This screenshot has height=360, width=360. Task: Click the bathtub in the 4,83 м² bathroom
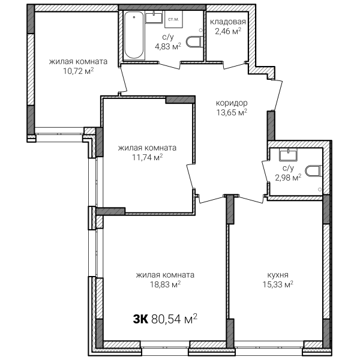[134, 35]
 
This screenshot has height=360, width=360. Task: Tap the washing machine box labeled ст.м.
[173, 20]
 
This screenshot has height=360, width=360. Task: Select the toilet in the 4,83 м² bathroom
[194, 42]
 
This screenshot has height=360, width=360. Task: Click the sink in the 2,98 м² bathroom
[288, 154]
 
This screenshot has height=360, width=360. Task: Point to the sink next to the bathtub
[154, 17]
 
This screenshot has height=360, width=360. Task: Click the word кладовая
[228, 22]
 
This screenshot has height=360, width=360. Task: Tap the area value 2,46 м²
[228, 31]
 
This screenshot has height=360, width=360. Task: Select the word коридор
[232, 103]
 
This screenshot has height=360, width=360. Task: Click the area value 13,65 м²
[232, 112]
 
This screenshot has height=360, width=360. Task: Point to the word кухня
[278, 275]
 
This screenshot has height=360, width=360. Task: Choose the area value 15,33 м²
[278, 284]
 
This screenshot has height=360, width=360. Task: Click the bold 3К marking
[140, 319]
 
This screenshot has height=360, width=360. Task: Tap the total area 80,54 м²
[174, 319]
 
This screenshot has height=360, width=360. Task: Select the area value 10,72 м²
[78, 71]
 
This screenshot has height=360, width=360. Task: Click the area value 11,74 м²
[147, 157]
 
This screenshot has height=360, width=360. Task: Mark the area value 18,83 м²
[165, 284]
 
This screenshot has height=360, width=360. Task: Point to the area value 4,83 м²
[168, 46]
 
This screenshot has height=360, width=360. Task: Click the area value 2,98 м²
[288, 178]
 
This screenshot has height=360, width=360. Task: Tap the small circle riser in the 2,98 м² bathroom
[320, 189]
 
